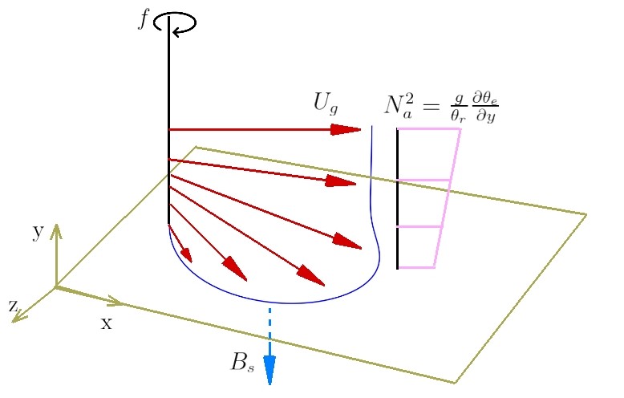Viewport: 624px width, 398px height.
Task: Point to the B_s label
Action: click(x=242, y=362)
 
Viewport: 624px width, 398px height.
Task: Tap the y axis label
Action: click(x=37, y=233)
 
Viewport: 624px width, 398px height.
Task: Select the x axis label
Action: click(x=106, y=323)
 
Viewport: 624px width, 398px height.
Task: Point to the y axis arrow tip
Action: click(x=56, y=227)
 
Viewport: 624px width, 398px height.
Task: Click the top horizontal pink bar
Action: click(x=429, y=129)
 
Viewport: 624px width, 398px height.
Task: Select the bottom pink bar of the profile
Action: click(x=417, y=267)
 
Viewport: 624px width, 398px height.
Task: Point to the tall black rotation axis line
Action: click(x=169, y=120)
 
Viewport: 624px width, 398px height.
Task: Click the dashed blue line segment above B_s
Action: click(x=269, y=325)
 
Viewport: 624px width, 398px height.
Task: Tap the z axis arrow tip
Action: click(x=16, y=319)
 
